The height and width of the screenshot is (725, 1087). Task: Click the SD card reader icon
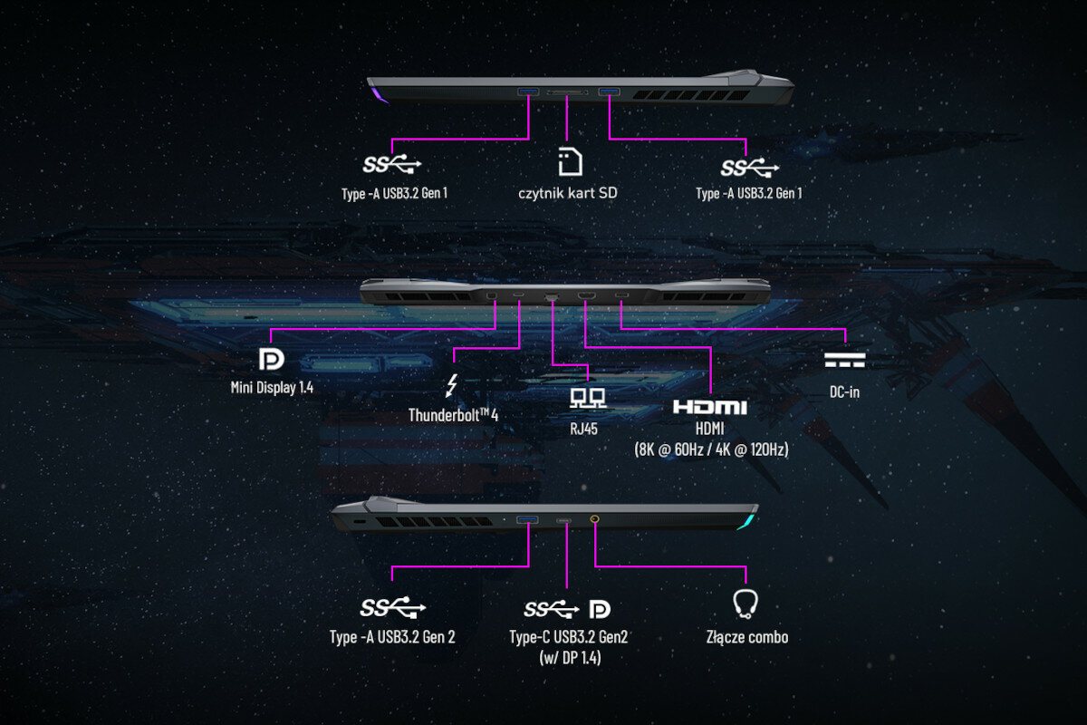point(568,161)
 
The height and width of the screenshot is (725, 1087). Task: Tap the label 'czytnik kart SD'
point(568,193)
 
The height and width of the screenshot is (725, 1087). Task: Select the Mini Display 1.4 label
point(272,388)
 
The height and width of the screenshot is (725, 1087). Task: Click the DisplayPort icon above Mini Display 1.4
point(271,359)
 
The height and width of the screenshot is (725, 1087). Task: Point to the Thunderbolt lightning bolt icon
point(452,385)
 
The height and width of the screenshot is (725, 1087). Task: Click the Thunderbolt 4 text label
point(454,415)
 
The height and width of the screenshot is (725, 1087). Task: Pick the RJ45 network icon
point(583,397)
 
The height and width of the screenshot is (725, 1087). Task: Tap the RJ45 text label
point(583,428)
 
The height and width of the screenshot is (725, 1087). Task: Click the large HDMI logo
point(709,407)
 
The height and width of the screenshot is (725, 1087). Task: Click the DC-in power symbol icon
point(844,361)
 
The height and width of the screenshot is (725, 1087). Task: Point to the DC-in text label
point(844,393)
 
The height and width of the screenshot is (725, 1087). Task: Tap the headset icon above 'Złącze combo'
point(745,604)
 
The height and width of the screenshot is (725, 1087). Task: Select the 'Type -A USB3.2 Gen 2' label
point(392,637)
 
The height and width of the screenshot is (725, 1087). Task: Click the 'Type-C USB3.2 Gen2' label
point(569,637)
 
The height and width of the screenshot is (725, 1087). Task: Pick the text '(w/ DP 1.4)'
point(569,658)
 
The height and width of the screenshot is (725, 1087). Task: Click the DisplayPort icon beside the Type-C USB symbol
point(600,608)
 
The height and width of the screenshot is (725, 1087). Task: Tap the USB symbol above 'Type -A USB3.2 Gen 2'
point(392,607)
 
